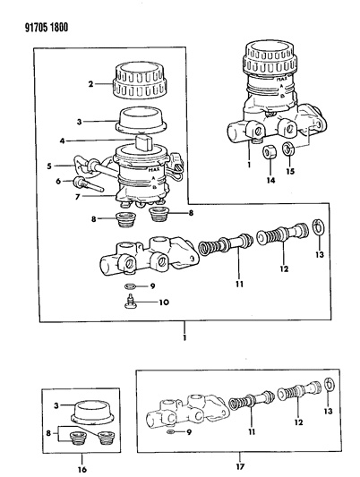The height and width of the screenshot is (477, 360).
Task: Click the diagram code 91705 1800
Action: pos(47,28)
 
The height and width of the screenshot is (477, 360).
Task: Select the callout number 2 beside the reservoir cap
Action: pos(90,83)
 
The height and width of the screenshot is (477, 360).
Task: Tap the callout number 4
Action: pos(62,141)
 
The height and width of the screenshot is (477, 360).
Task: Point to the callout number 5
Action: pos(49,166)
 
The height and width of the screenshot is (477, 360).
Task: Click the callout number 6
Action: pos(58,181)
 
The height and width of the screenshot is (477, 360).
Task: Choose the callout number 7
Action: pos(78,197)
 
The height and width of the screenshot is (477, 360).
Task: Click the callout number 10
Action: pos(164,302)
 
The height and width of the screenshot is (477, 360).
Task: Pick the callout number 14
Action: pos(270,181)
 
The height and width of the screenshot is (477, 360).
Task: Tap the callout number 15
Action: pos(290,171)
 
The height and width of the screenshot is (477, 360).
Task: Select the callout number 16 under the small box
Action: pos(82,470)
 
